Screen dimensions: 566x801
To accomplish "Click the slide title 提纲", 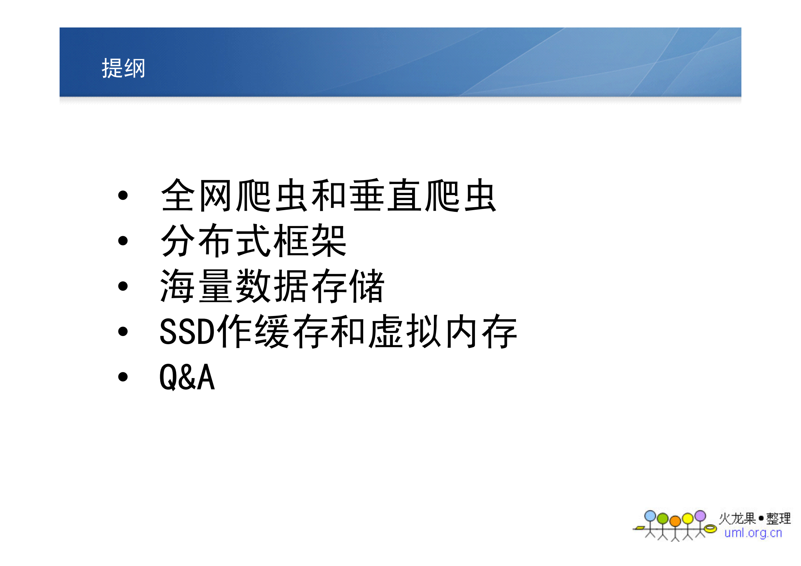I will click(123, 68).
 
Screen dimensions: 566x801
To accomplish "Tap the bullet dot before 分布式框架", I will click(123, 241).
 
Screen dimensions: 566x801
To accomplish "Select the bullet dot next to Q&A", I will click(123, 377).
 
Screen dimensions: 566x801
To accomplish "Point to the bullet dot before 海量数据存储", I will click(123, 286).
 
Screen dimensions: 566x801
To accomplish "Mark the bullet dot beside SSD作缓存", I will click(123, 331).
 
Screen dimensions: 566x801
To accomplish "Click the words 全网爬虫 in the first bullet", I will click(234, 195).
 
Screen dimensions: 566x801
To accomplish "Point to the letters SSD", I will click(187, 332).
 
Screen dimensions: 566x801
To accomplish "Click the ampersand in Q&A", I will click(187, 377).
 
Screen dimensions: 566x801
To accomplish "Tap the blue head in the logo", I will click(650, 516).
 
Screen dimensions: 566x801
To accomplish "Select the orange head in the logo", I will click(675, 521).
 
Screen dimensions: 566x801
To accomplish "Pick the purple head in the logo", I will click(700, 516).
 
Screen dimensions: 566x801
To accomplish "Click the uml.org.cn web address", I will click(753, 533).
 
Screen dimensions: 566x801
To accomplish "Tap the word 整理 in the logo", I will click(779, 519).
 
